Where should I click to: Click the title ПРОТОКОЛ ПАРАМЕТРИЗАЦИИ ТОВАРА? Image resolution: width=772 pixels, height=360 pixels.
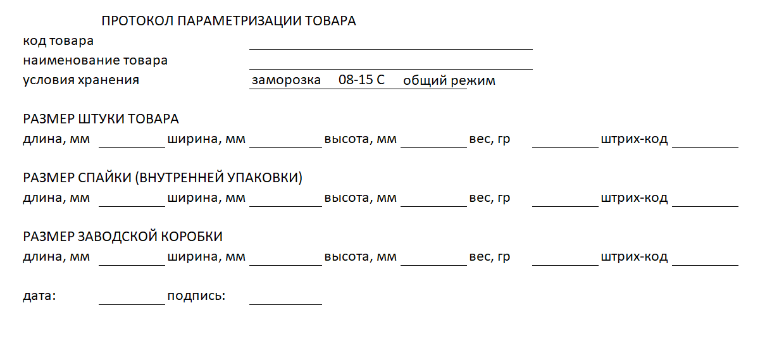click(228, 21)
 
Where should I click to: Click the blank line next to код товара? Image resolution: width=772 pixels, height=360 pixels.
click(390, 42)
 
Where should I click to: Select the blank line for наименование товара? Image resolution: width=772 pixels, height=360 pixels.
click(390, 62)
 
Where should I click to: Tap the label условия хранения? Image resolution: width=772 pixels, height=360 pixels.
click(81, 80)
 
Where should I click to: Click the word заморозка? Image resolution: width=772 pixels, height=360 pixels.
click(286, 81)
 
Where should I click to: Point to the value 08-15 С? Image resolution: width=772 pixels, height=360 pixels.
click(362, 80)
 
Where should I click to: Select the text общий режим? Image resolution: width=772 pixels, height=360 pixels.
click(449, 81)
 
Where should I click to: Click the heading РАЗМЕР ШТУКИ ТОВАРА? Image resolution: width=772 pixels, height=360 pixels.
click(101, 120)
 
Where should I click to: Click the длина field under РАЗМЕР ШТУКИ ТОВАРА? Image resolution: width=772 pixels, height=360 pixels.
click(132, 140)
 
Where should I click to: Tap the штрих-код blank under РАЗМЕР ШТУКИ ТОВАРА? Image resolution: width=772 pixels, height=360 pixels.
click(705, 140)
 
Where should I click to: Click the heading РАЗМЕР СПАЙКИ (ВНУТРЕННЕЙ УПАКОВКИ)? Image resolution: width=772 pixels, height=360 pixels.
click(163, 178)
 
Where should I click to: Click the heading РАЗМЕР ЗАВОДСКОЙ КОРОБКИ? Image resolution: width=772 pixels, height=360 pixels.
click(123, 237)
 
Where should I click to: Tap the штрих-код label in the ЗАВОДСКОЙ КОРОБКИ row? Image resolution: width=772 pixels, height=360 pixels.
click(634, 258)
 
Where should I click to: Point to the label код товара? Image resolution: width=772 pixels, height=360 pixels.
click(58, 41)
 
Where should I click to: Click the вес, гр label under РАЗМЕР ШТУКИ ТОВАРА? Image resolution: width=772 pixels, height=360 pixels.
click(490, 139)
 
